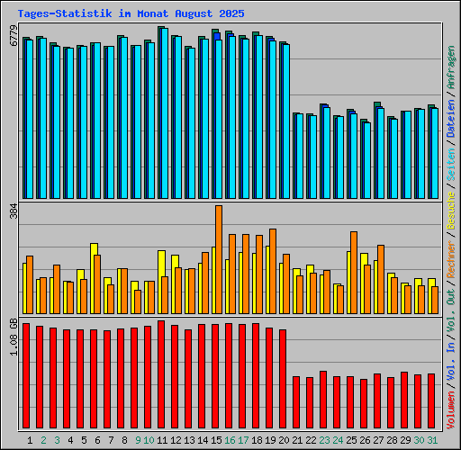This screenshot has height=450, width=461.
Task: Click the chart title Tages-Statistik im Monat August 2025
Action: tap(130, 14)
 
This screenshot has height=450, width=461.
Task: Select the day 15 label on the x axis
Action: tap(216, 440)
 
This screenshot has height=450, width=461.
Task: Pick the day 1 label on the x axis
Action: tap(30, 440)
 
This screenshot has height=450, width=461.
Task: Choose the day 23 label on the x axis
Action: tap(324, 440)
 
